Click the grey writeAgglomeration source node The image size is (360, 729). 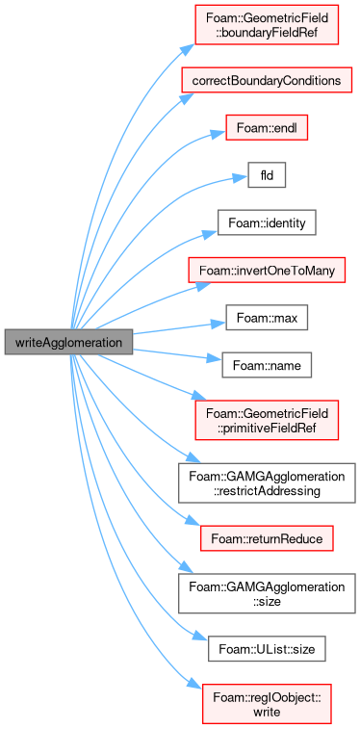coord(68,342)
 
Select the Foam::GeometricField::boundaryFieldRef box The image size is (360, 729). coord(267,26)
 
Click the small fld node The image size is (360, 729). coord(267,175)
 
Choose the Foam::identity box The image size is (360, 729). coord(267,223)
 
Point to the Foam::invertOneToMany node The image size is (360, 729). coord(267,271)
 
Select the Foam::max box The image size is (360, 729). coord(267,319)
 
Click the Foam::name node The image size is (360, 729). coord(267,366)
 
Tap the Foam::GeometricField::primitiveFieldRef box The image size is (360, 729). coord(267,420)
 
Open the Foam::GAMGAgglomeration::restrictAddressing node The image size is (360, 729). coord(267,482)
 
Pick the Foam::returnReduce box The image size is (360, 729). coord(267,538)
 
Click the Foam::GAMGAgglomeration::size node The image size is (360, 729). coord(267,594)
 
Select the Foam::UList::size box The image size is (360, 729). coord(267,649)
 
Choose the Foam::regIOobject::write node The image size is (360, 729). coord(267,703)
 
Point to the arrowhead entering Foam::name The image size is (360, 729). coord(216,359)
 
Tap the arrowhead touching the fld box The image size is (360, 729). coord(242,178)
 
